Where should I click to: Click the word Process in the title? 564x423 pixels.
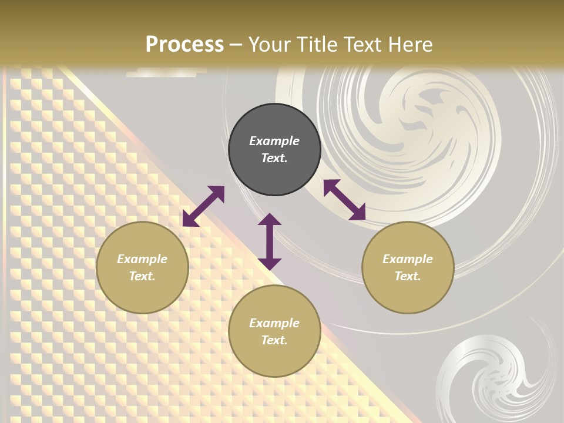point(184,45)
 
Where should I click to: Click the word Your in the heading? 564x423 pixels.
point(267,45)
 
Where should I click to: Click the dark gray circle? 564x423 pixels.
point(274,149)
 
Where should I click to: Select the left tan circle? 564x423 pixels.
point(142,267)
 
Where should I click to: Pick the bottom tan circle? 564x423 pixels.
point(274,331)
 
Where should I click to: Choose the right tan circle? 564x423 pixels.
point(408,267)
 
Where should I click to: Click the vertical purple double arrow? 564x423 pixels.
point(270,241)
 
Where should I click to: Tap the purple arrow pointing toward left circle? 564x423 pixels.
point(203,206)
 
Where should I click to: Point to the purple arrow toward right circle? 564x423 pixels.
point(345,200)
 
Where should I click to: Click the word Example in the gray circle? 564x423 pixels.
point(274,141)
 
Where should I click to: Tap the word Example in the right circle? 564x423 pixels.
point(408,259)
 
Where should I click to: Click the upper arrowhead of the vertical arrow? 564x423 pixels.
point(270,220)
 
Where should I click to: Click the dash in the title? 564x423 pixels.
point(236,45)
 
